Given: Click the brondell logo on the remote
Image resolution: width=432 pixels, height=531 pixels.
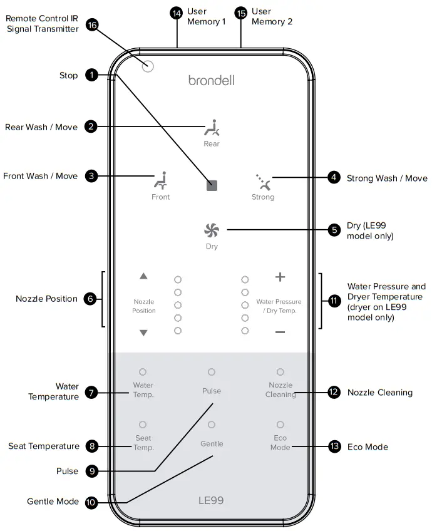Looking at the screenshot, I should pos(212,80).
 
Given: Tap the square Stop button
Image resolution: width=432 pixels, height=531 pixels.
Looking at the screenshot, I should pos(212,185).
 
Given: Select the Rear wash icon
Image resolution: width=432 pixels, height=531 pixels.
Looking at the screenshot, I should pos(212,128).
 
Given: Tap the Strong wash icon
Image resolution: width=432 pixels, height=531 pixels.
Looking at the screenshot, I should pos(263,181).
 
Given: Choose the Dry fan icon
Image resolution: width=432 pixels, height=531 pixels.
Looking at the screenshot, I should pos(212,230).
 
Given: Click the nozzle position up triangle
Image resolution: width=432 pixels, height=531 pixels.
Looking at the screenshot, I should pos(143,276).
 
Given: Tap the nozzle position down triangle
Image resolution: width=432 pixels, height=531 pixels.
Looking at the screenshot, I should pos(143,333).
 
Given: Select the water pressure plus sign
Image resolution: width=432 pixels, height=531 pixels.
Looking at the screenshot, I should pos(280,277).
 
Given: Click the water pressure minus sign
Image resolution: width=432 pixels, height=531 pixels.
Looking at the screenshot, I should pos(280,332).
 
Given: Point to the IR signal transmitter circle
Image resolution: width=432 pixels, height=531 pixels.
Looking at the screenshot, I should pos(148,66).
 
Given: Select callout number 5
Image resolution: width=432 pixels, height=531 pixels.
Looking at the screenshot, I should pos(334,230).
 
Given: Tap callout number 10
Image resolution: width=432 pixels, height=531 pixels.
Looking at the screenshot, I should pos(92,502).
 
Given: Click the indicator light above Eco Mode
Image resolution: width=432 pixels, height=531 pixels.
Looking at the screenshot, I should pos(280,425).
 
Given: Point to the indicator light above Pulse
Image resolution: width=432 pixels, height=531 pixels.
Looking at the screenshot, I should pos(212,372).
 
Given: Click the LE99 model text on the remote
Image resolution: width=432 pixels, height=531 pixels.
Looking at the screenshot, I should pos(211,500).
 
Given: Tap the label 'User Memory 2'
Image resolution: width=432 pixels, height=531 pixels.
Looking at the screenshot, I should pos(272,16).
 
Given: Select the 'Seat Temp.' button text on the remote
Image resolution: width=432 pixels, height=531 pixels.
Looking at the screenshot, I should pos(143,443).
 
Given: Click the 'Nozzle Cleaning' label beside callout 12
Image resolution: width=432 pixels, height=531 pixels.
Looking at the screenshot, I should pos(379,393).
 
